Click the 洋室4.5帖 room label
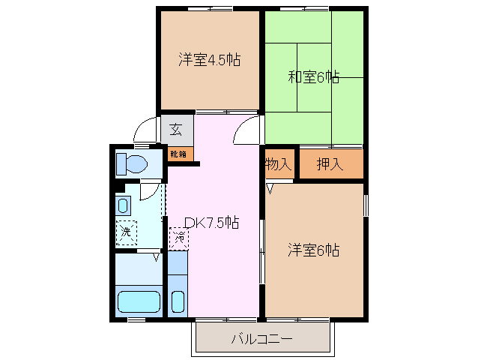209,60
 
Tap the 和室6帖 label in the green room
313,76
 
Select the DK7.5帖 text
212,222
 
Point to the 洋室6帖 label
314,250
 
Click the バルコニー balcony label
261,339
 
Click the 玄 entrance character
176,129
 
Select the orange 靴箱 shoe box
178,154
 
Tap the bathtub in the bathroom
139,301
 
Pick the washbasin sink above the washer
124,204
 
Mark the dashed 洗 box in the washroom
126,232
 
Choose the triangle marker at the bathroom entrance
156,257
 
